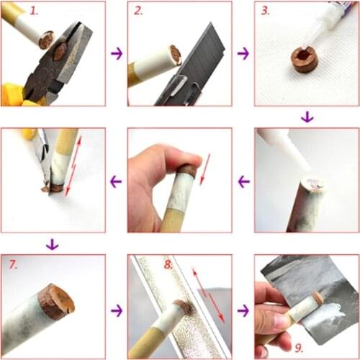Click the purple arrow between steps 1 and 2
coord(116,53)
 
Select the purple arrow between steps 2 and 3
coord(243,53)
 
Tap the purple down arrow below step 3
coord(307,117)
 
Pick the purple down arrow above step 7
coord(51,245)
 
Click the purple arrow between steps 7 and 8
coord(116,311)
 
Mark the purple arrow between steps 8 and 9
coord(243,311)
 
